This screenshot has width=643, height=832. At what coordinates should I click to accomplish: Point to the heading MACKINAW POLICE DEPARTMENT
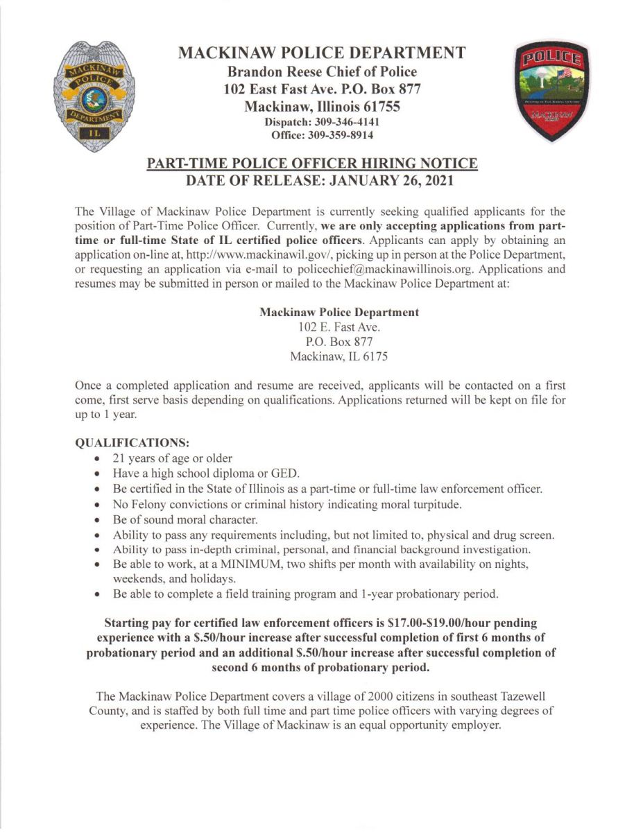coord(321,53)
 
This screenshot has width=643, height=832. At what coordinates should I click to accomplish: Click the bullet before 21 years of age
coord(98,459)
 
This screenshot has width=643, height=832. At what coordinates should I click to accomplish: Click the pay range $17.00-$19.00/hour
coord(452,623)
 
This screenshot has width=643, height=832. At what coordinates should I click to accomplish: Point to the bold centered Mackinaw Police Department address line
coord(339,312)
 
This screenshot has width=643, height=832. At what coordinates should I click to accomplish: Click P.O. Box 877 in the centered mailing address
coord(339,342)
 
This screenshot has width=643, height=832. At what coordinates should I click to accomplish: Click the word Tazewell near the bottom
coord(531,696)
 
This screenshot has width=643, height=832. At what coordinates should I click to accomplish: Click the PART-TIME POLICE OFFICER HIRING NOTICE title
coord(312,164)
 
